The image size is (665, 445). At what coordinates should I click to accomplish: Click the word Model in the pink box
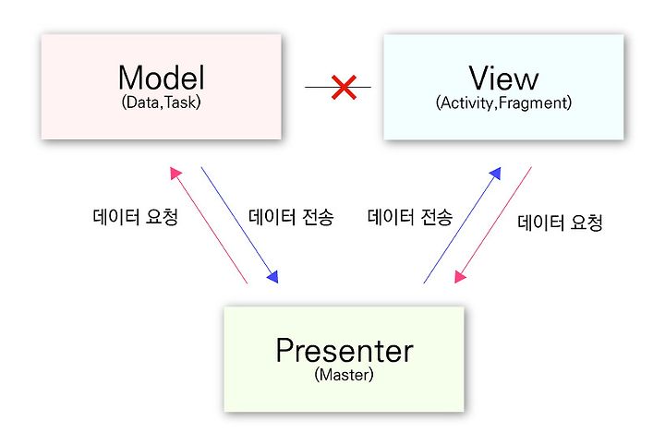pyautogui.click(x=161, y=78)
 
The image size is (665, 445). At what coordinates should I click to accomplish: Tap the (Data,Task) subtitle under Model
pyautogui.click(x=161, y=102)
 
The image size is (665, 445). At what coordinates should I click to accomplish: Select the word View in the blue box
pyautogui.click(x=503, y=78)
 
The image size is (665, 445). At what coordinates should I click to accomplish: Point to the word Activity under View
pyautogui.click(x=467, y=103)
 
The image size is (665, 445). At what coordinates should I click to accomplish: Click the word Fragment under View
pyautogui.click(x=533, y=103)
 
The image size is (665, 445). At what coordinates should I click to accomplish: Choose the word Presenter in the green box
pyautogui.click(x=345, y=351)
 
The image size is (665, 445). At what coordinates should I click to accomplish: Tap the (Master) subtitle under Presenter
pyautogui.click(x=344, y=375)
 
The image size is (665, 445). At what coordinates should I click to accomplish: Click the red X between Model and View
pyautogui.click(x=344, y=88)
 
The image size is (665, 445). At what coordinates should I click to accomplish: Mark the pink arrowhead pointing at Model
pyautogui.click(x=175, y=173)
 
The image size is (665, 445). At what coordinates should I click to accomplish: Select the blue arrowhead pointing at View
pyautogui.click(x=496, y=173)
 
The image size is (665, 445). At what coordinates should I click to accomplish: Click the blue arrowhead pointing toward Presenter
pyautogui.click(x=273, y=277)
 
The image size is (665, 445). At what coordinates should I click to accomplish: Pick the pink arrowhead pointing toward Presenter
pyautogui.click(x=460, y=277)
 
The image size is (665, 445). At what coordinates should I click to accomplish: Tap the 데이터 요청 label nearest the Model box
pyautogui.click(x=135, y=217)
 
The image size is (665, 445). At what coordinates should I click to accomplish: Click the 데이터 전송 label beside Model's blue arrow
pyautogui.click(x=291, y=217)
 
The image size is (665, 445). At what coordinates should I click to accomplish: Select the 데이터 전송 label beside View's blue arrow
pyautogui.click(x=410, y=217)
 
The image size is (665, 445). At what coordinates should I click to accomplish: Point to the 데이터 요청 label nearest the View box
pyautogui.click(x=560, y=222)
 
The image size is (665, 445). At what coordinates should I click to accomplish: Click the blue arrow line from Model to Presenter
pyautogui.click(x=239, y=225)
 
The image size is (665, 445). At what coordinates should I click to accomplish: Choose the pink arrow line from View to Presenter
pyautogui.click(x=493, y=225)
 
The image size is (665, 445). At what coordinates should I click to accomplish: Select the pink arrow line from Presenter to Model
pyautogui.click(x=208, y=225)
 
